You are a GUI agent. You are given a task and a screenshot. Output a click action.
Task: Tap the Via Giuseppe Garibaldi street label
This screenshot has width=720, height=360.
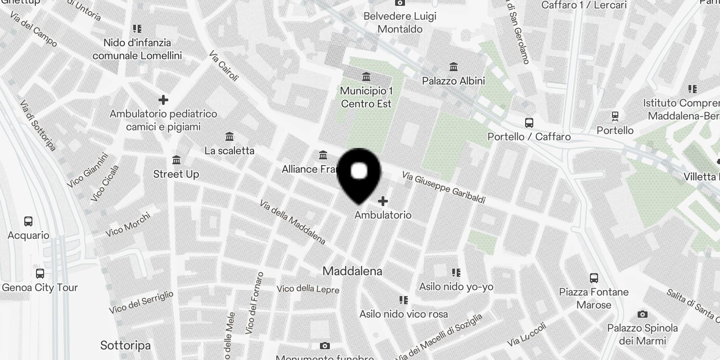[x=443, y=187]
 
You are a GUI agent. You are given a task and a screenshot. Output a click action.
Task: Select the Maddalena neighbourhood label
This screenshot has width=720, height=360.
[x=352, y=271]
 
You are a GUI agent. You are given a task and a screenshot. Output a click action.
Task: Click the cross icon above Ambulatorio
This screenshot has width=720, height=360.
[x=383, y=201]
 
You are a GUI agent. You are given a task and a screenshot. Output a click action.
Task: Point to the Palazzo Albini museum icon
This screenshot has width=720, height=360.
[x=454, y=67]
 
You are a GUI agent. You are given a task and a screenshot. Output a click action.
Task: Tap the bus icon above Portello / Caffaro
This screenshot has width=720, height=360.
[x=529, y=122]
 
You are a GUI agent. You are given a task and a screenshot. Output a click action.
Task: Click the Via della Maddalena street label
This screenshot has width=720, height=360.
[x=292, y=222]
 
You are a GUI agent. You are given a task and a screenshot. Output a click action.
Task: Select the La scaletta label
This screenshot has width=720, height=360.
[x=229, y=151]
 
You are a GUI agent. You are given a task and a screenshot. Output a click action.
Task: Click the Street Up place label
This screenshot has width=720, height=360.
[x=176, y=174]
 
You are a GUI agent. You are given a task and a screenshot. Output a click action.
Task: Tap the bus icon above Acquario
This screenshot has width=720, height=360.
[x=28, y=221]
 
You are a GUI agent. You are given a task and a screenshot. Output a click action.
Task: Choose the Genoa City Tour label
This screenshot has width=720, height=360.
[x=40, y=288]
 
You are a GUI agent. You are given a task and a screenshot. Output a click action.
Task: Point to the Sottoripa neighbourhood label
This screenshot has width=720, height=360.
[x=125, y=346]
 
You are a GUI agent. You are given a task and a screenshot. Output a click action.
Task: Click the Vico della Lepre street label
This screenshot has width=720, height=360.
[x=308, y=289]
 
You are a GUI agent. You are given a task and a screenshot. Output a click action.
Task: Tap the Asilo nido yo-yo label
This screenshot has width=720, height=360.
[x=456, y=287]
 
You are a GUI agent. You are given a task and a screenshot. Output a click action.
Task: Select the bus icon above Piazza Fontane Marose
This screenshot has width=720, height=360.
[x=594, y=278]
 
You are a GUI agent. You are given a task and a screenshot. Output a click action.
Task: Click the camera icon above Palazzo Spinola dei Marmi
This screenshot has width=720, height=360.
[x=643, y=314]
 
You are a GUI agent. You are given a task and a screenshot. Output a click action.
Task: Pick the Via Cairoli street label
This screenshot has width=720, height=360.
[x=223, y=66]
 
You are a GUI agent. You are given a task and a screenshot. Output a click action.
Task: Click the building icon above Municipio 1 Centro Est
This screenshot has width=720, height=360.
[x=366, y=77]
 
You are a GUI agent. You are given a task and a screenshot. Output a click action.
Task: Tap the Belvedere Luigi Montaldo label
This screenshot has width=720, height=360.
[x=400, y=22]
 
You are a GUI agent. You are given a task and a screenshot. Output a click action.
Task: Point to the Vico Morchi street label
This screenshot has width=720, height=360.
[x=128, y=225]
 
